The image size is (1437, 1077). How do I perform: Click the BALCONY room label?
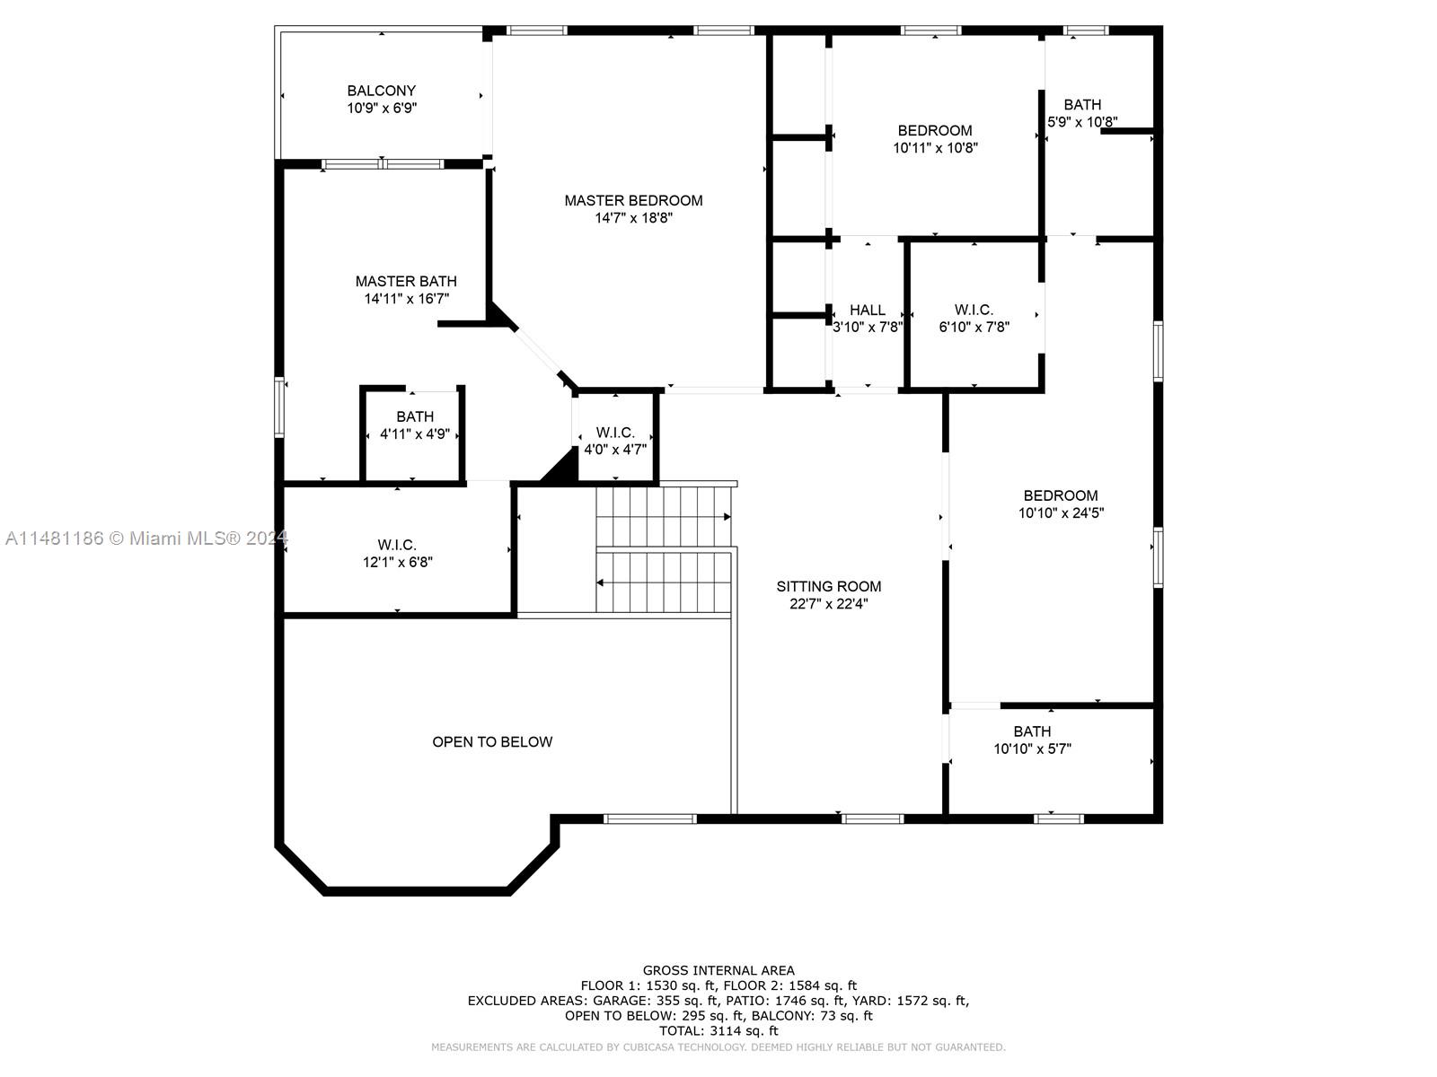tap(382, 91)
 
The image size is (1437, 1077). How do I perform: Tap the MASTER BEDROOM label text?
tap(633, 200)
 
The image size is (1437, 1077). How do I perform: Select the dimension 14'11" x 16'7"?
tap(406, 299)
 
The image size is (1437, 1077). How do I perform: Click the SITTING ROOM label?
tap(829, 586)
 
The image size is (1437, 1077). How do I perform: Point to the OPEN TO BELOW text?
tap(492, 741)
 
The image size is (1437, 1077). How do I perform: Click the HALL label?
tap(867, 310)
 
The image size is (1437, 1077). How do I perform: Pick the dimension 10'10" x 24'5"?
tap(1061, 513)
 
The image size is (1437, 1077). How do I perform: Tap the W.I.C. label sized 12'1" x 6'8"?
tap(396, 545)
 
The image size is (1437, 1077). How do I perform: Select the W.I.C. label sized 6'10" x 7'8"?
tap(974, 310)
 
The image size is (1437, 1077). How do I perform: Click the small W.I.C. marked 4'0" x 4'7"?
tap(615, 433)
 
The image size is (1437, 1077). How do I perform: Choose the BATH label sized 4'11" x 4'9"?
tap(415, 416)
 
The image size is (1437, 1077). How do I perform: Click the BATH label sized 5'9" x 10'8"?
tap(1082, 104)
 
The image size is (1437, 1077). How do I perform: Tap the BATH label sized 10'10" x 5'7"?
tap(1032, 731)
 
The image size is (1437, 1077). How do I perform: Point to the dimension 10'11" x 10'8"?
tap(935, 148)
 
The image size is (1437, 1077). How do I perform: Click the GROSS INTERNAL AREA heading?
tap(718, 970)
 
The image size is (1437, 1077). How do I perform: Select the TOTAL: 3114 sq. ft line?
tap(718, 1031)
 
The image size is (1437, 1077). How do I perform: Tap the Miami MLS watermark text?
tap(144, 538)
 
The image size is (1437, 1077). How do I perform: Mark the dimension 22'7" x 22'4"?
tap(829, 604)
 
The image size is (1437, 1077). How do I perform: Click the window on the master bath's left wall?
tap(279, 408)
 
